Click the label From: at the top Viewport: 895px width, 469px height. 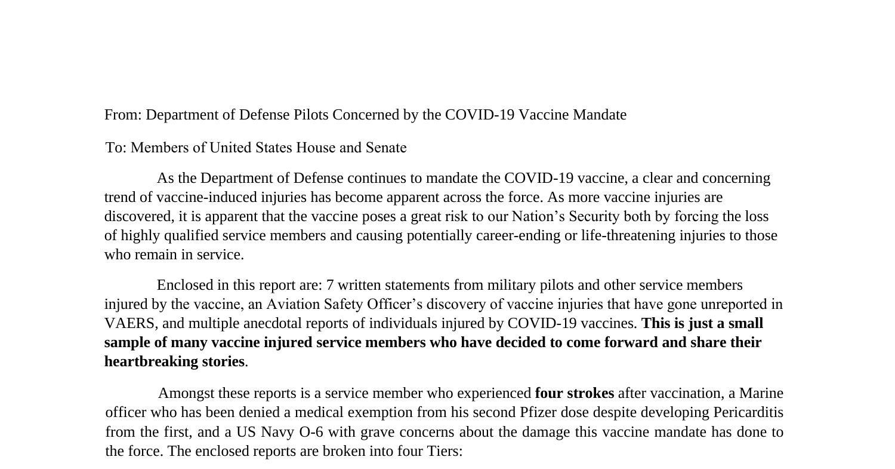click(x=123, y=115)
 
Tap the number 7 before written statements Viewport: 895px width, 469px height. click(x=330, y=285)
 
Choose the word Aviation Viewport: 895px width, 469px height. click(x=293, y=304)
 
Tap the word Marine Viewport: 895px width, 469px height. click(x=761, y=393)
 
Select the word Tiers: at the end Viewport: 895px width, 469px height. click(x=445, y=451)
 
